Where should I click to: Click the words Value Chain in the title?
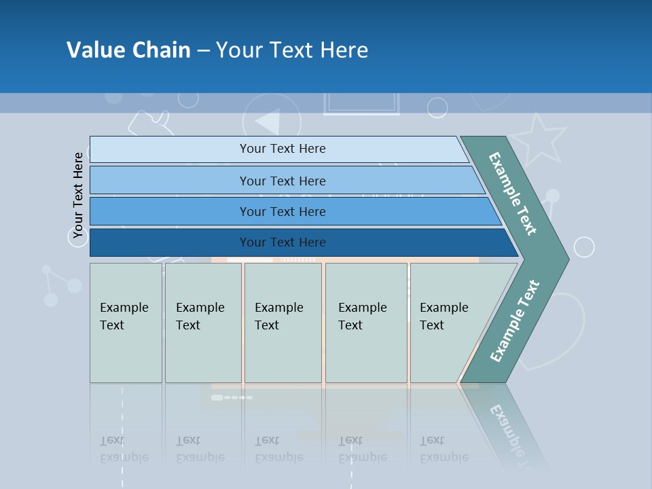[128, 50]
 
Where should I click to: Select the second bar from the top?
[282, 181]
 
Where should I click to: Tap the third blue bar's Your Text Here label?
[283, 211]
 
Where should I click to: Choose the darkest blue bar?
[283, 242]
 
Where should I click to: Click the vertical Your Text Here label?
[78, 196]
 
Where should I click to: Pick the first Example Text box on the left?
[125, 322]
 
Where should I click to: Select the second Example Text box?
[202, 322]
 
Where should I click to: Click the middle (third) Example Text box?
[283, 322]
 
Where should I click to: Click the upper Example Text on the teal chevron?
[513, 194]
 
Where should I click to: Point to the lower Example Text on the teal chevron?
[515, 321]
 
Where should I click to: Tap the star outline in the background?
[541, 138]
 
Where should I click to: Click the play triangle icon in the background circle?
[269, 122]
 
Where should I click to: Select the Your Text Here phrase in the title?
[292, 50]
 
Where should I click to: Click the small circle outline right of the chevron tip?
[584, 247]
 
